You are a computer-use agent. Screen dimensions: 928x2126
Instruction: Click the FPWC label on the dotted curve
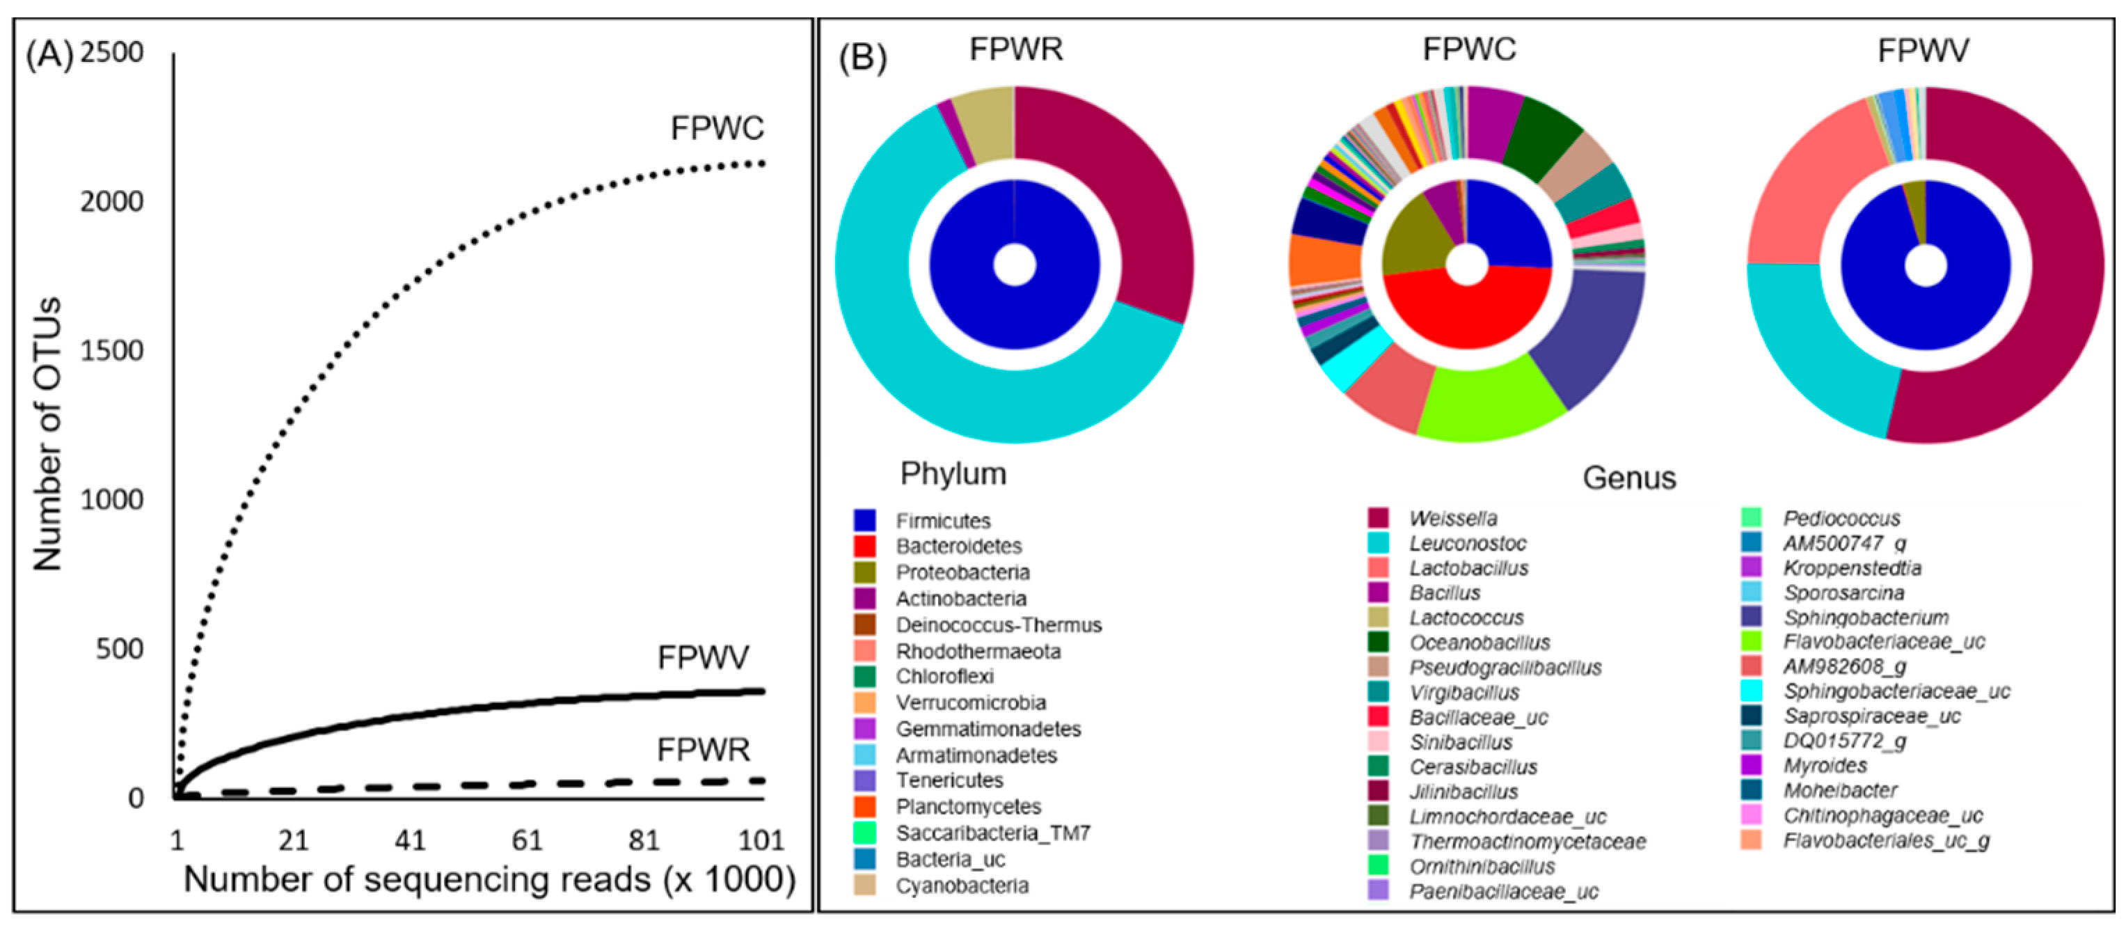point(716,129)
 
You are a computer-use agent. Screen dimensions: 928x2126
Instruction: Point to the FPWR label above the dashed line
point(703,750)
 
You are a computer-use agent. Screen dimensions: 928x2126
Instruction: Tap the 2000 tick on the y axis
point(111,201)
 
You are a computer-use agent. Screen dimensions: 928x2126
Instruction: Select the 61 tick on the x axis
point(527,840)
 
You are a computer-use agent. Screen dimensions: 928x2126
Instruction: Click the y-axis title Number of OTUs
point(47,434)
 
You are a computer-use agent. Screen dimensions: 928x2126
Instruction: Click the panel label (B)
point(862,58)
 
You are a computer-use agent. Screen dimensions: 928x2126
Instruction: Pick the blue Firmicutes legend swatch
point(864,521)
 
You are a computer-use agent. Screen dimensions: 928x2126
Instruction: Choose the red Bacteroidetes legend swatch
point(864,546)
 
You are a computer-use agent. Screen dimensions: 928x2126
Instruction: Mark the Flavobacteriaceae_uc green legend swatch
point(1750,641)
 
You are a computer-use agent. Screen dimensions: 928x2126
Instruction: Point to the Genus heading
point(1628,478)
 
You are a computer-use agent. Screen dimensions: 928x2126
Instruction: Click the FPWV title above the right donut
point(1922,50)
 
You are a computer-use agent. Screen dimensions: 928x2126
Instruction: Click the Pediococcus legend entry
point(1841,519)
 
